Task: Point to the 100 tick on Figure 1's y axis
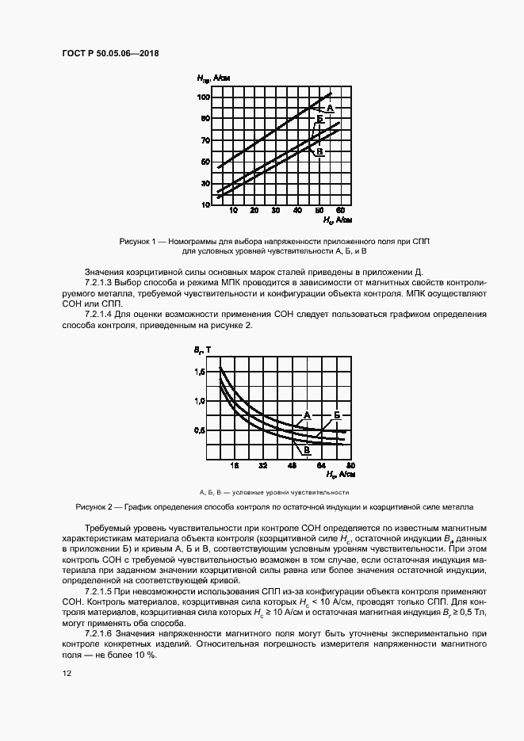(x=203, y=97)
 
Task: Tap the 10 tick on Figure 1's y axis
(x=205, y=204)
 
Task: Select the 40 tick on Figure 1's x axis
(x=298, y=212)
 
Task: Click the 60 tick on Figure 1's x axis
(x=341, y=212)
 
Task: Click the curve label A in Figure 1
(x=330, y=108)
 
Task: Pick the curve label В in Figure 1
(x=319, y=151)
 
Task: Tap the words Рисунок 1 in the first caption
(x=139, y=240)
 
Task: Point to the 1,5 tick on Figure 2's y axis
(x=199, y=372)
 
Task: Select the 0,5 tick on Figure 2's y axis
(x=199, y=430)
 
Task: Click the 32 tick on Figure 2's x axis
(x=262, y=466)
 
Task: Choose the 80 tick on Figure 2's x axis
(x=349, y=466)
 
